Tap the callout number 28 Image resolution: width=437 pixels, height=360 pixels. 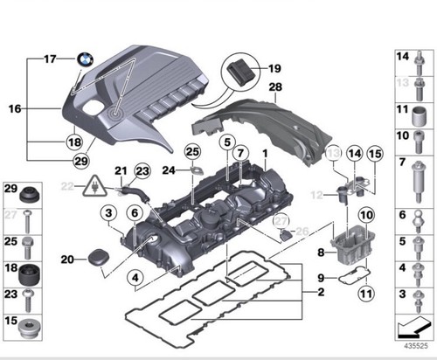click(x=275, y=87)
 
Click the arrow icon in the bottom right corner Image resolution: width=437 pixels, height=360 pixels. click(x=407, y=328)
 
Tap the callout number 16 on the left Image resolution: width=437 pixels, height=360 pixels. click(x=14, y=109)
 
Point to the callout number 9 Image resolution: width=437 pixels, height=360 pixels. click(x=322, y=279)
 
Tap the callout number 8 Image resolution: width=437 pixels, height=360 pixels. click(x=321, y=253)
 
